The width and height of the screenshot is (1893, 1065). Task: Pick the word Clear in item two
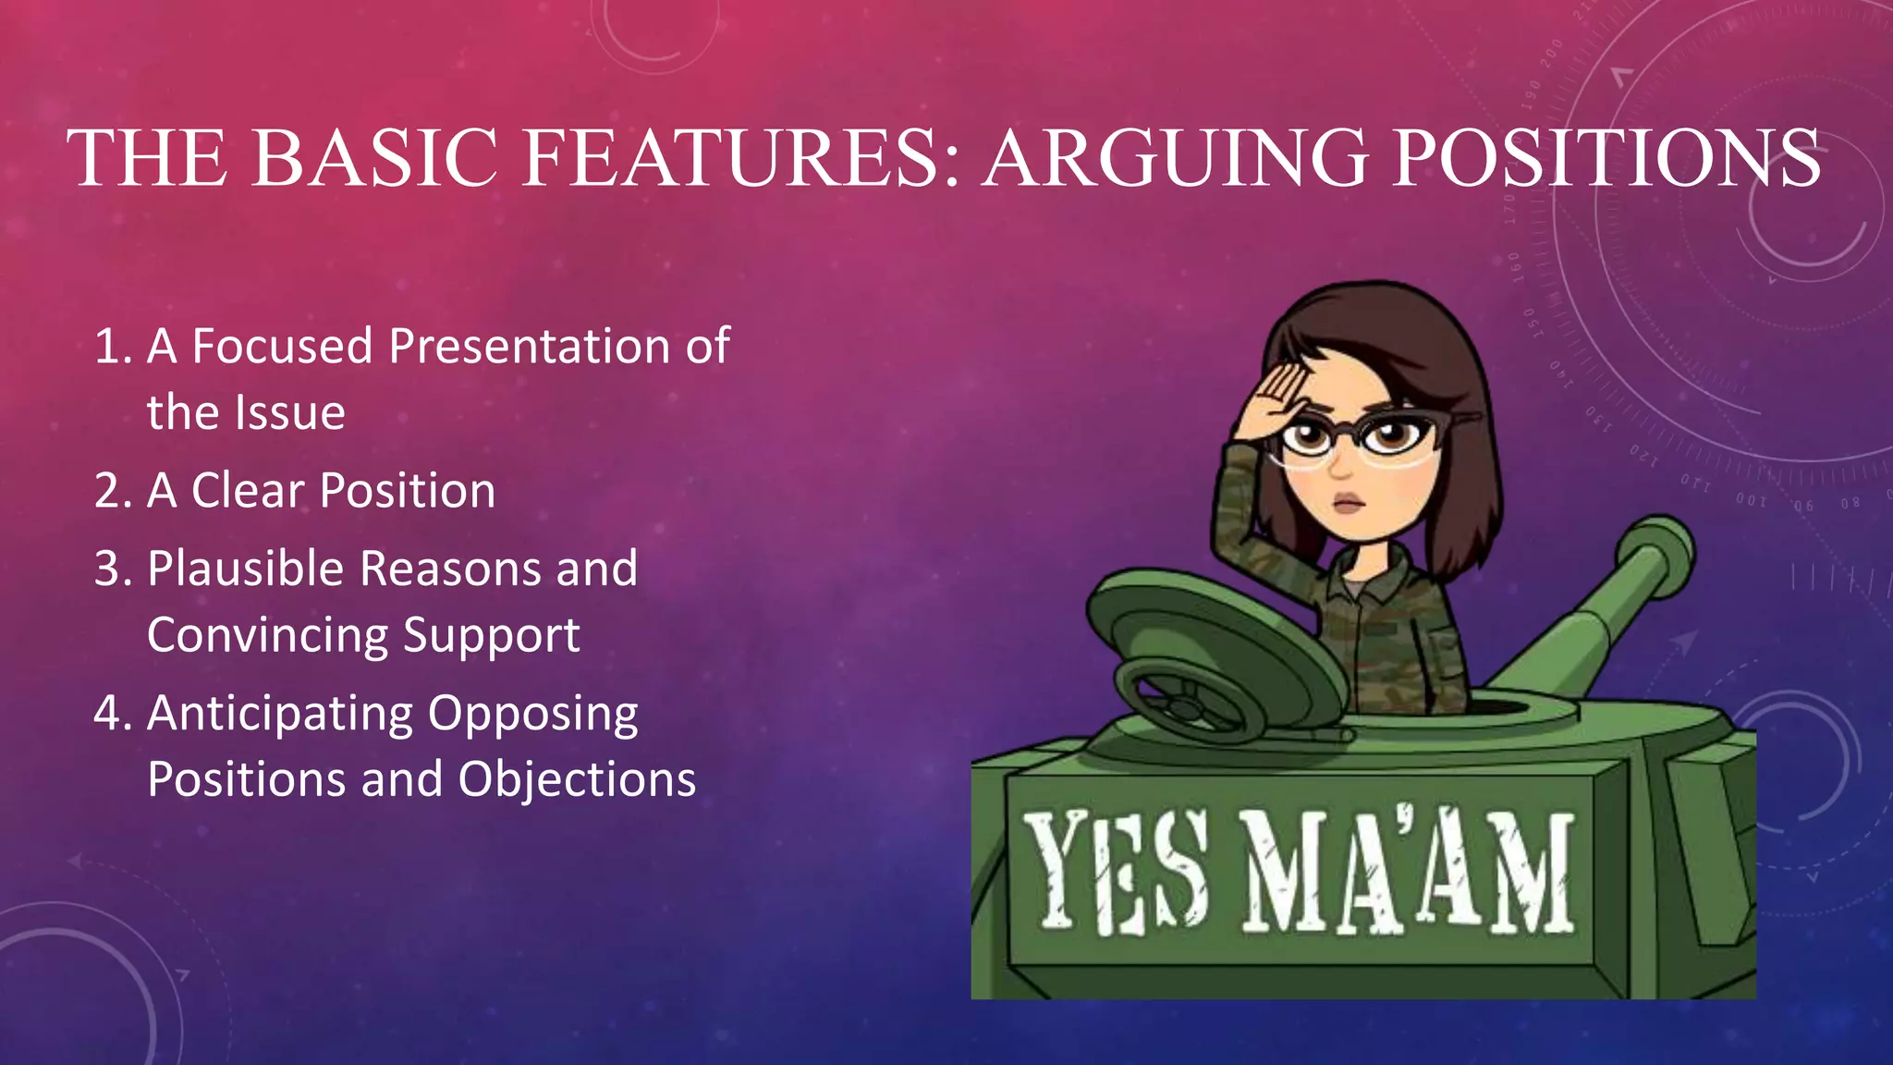click(248, 491)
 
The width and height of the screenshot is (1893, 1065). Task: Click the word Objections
click(577, 779)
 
